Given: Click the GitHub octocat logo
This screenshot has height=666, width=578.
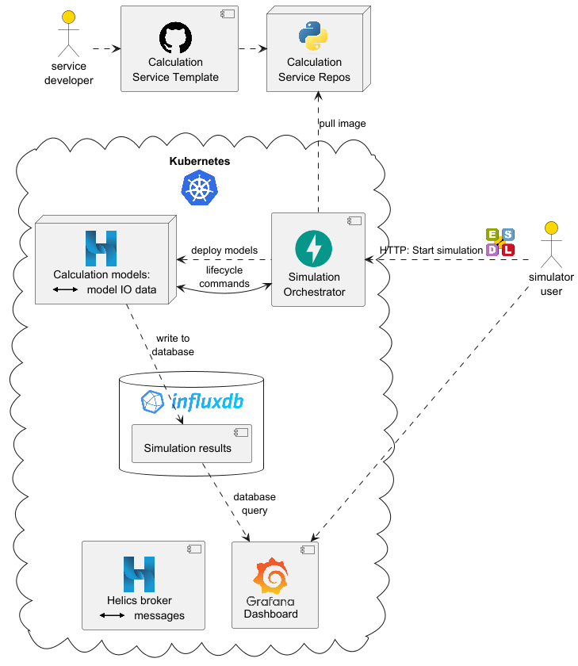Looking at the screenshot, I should coord(175,38).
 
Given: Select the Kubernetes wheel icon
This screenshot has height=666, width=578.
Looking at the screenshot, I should coord(200,188).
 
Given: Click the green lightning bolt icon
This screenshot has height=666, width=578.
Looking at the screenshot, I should coord(314,249).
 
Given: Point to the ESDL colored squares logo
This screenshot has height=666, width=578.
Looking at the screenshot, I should coord(500,243).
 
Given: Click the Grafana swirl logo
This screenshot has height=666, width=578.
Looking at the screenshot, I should coord(270,576).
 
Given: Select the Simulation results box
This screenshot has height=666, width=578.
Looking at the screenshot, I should coord(192,443).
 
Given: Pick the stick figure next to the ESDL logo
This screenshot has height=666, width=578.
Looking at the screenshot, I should coord(551,244).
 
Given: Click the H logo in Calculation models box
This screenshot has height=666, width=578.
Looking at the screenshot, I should coord(101,248).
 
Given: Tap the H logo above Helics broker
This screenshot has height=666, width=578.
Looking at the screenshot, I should coord(139,574).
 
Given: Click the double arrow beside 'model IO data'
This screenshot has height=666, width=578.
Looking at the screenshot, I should coord(66,290).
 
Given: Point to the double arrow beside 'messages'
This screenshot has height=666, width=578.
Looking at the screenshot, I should coord(112,616).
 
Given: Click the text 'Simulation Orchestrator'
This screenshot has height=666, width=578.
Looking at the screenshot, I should coord(314,285).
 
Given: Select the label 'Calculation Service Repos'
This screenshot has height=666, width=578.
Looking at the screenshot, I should coord(314,70).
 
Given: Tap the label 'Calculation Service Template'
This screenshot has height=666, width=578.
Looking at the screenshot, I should coord(175,70).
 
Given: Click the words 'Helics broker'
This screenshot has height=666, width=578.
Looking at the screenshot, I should coord(140,600).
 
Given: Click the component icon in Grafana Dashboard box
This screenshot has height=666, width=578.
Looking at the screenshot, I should coord(307,549).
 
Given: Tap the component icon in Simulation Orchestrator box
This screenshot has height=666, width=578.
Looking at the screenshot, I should coord(354,220).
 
